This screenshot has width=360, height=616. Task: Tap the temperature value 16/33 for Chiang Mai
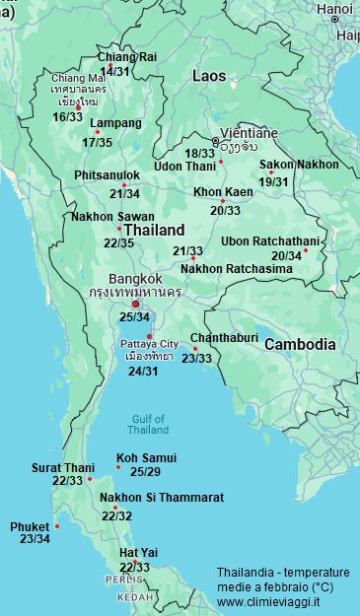(x=68, y=116)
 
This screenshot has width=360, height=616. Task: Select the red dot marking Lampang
(x=97, y=132)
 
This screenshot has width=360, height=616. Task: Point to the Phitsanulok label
(x=107, y=174)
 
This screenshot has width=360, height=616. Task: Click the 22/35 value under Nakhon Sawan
(x=118, y=242)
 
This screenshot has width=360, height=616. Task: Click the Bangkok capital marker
(x=136, y=303)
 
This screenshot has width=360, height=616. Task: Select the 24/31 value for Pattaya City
(x=143, y=371)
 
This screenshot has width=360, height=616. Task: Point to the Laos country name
(x=209, y=75)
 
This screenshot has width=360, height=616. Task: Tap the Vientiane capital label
(x=246, y=132)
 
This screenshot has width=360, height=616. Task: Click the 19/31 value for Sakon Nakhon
(x=274, y=181)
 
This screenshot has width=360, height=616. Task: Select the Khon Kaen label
(x=222, y=191)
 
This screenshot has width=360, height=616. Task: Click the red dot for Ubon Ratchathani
(x=306, y=249)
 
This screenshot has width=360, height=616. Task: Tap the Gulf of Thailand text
(x=149, y=424)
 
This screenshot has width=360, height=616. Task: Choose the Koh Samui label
(x=146, y=457)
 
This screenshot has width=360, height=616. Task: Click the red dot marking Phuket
(x=57, y=525)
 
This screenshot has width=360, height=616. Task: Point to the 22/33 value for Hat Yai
(x=134, y=568)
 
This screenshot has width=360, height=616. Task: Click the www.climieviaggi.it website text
(x=267, y=600)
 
